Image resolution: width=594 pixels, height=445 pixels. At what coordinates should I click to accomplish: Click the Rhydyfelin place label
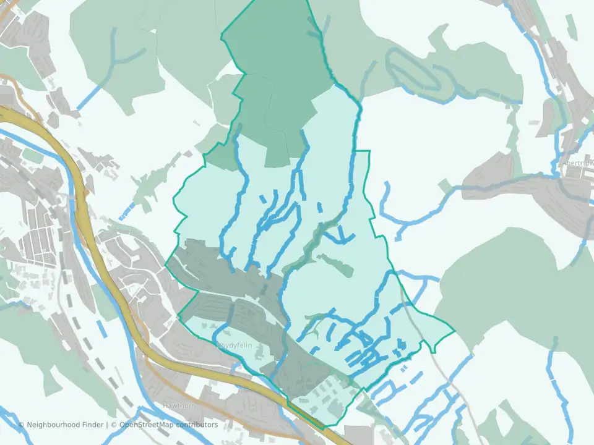(235, 345)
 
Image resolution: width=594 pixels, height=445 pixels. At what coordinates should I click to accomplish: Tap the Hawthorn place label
(179, 405)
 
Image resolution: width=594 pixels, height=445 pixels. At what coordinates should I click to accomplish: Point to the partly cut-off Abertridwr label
(577, 164)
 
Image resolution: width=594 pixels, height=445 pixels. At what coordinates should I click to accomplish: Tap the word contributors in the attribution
(197, 425)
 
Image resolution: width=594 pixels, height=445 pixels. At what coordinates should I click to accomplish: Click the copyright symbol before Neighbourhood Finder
(22, 425)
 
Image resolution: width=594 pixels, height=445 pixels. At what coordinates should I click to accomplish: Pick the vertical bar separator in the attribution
(106, 425)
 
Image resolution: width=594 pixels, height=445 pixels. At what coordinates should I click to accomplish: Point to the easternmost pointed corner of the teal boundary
(454, 331)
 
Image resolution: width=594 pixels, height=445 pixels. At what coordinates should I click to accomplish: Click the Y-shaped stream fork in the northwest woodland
(114, 59)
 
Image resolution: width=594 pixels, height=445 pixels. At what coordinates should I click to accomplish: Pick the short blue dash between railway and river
(126, 211)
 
